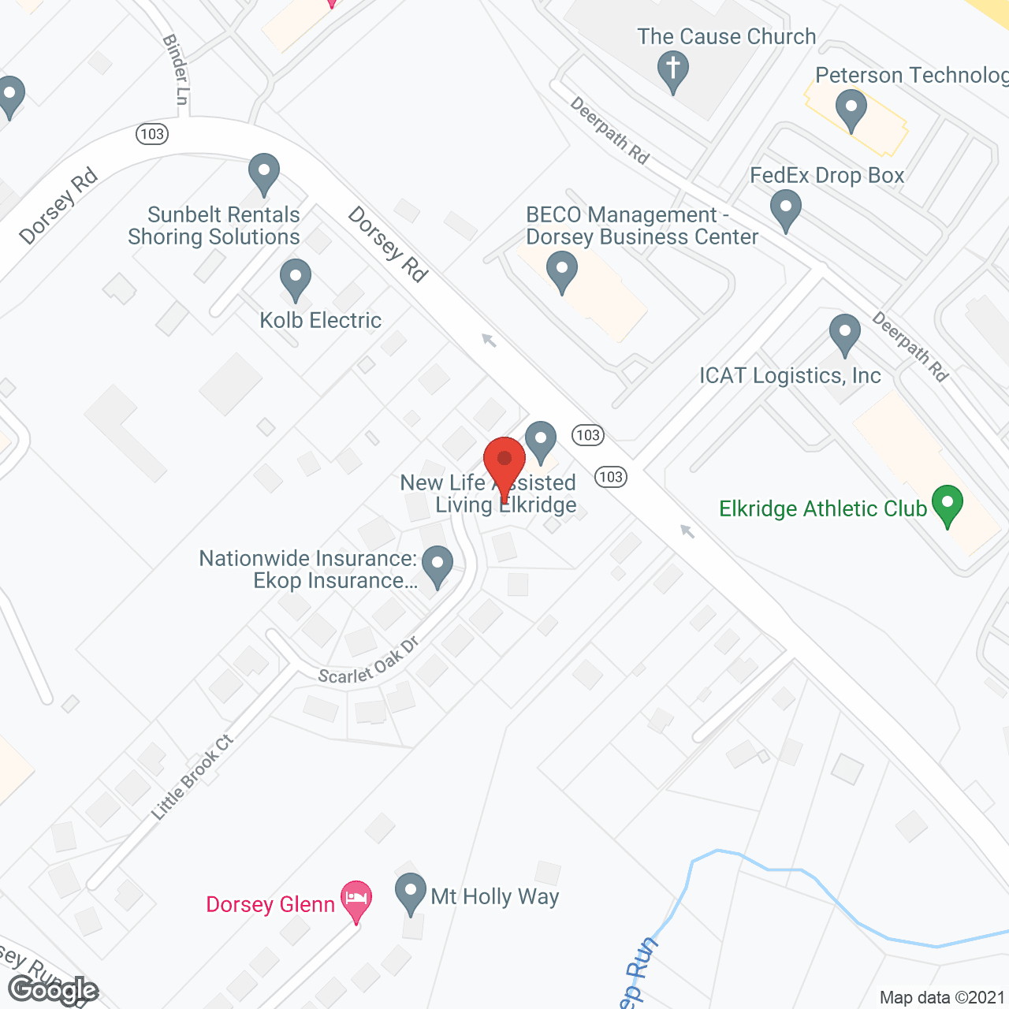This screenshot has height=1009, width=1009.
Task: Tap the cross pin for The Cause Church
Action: click(x=672, y=69)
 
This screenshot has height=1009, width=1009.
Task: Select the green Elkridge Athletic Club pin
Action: click(x=947, y=504)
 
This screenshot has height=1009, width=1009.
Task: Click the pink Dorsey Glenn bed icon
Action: click(x=356, y=900)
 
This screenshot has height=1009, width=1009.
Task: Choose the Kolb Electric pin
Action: click(x=296, y=279)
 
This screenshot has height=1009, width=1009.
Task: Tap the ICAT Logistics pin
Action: click(x=845, y=334)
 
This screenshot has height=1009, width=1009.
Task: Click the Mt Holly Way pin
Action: click(x=410, y=893)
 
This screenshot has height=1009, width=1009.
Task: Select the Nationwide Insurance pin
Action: click(x=437, y=565)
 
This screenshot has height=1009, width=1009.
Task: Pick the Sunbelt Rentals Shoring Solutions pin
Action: click(x=264, y=173)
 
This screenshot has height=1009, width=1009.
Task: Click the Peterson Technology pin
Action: click(x=851, y=110)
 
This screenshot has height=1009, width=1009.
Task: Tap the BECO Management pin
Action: click(x=561, y=270)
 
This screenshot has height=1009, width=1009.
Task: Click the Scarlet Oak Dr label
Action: click(x=367, y=663)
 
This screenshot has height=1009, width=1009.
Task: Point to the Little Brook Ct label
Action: click(x=192, y=777)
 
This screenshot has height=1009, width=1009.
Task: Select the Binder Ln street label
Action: click(x=177, y=69)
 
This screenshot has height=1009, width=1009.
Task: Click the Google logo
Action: click(x=53, y=990)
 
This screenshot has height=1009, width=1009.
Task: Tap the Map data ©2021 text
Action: click(x=942, y=997)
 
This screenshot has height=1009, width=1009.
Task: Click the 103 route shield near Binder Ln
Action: click(x=151, y=133)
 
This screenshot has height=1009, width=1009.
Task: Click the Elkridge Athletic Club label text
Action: click(x=822, y=509)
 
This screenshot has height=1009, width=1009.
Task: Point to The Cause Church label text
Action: click(x=726, y=37)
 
